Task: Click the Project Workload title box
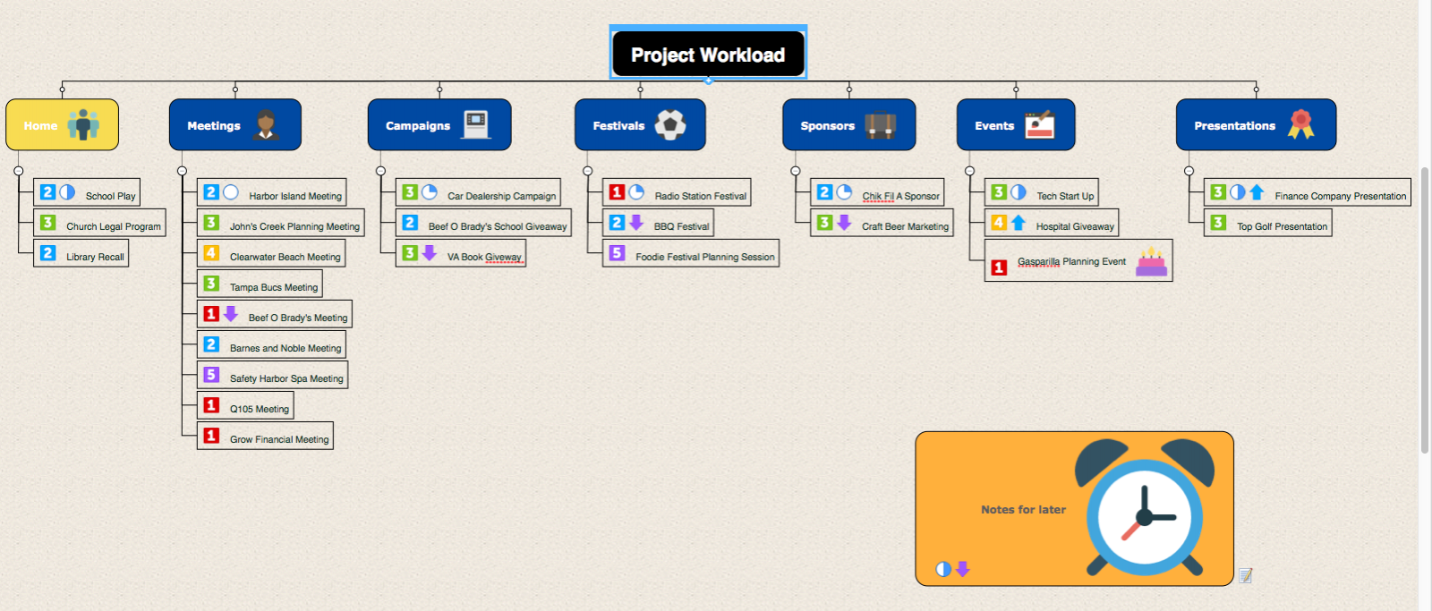708,54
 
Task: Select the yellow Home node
62,124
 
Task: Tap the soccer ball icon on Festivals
670,124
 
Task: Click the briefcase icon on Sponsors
881,124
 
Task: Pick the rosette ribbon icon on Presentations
1300,124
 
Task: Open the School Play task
86,192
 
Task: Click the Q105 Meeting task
245,405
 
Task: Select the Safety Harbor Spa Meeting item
272,375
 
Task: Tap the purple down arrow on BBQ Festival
636,223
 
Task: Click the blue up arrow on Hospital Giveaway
1019,223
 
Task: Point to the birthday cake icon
1151,261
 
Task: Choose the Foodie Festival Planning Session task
691,253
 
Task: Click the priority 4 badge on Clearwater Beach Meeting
211,252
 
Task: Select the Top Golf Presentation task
1267,223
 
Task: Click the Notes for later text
1024,509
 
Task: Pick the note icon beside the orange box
1245,576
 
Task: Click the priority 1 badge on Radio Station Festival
617,191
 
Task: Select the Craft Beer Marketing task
882,223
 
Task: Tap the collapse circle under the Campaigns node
381,171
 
